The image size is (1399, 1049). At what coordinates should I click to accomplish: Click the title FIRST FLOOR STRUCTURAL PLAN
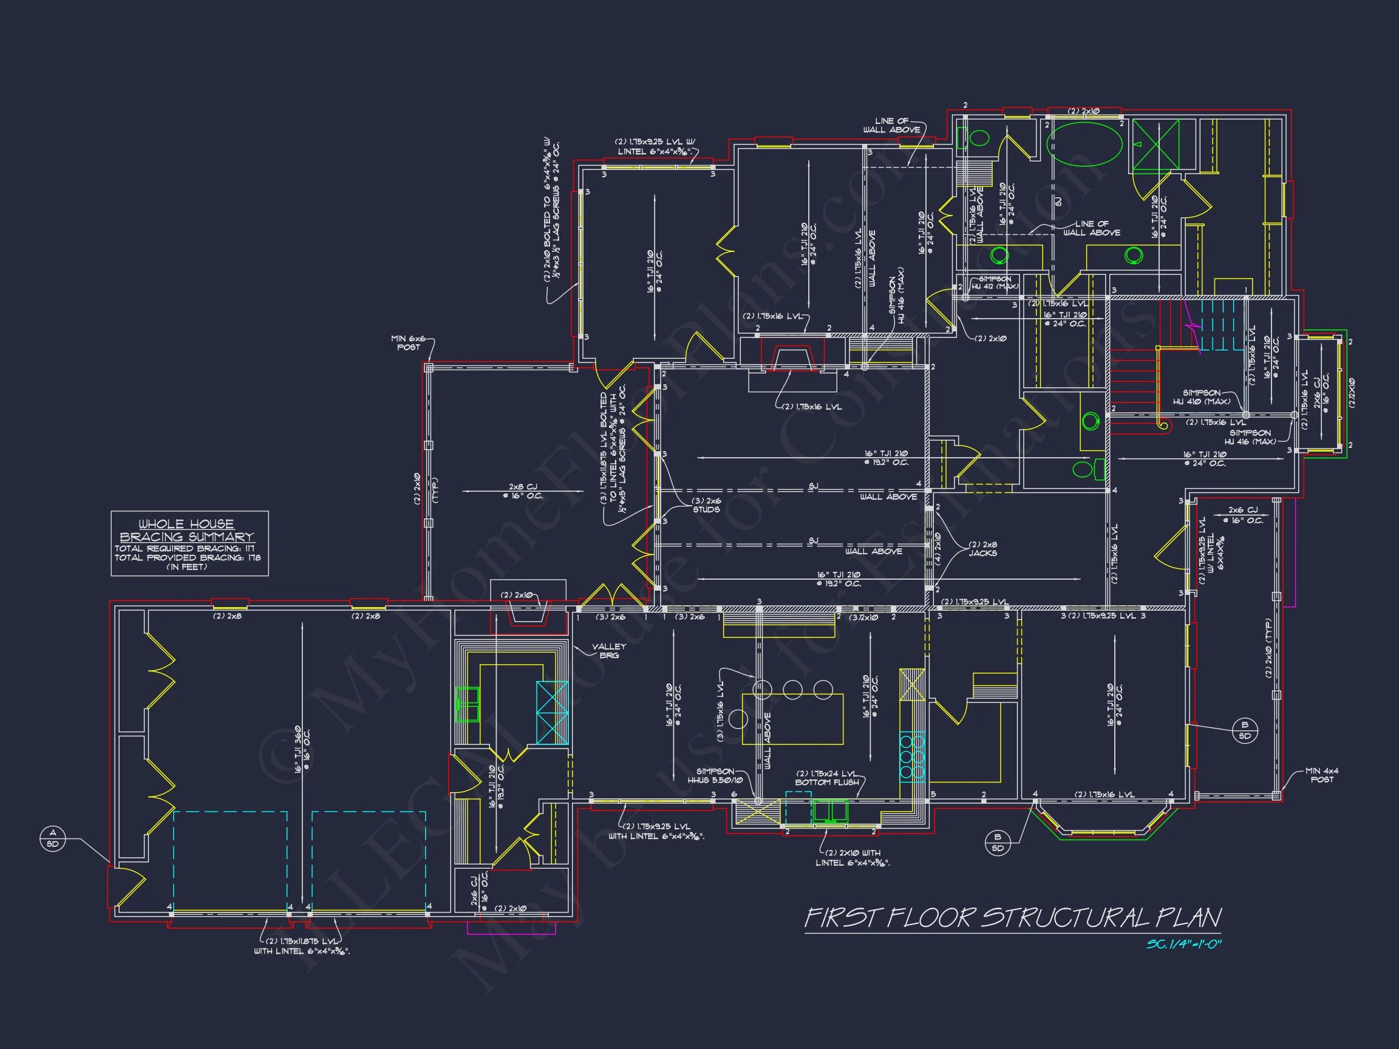[1012, 917]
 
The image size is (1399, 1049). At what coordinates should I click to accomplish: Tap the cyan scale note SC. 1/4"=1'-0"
[1183, 945]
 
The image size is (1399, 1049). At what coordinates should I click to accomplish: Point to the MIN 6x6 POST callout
[409, 343]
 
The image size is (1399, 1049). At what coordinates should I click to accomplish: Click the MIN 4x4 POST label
[1322, 775]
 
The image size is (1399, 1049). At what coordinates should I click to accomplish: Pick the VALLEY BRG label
[608, 651]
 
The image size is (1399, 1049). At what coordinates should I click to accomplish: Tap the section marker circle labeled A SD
[52, 838]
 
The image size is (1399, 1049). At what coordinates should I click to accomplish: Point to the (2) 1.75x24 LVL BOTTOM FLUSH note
[827, 778]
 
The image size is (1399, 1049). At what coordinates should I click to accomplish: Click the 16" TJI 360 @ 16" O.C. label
[302, 749]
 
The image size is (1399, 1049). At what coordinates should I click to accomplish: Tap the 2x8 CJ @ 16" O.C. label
[526, 491]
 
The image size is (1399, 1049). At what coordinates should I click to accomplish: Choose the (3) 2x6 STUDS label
[706, 504]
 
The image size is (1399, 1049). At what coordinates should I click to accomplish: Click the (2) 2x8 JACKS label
[983, 548]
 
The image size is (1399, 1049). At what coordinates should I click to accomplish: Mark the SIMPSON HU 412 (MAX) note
[995, 283]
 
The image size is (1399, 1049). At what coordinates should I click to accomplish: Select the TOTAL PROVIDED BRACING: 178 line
[187, 558]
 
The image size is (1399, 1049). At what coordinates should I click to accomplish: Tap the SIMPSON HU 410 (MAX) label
[1202, 397]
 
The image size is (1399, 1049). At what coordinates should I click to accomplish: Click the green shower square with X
[1156, 145]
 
